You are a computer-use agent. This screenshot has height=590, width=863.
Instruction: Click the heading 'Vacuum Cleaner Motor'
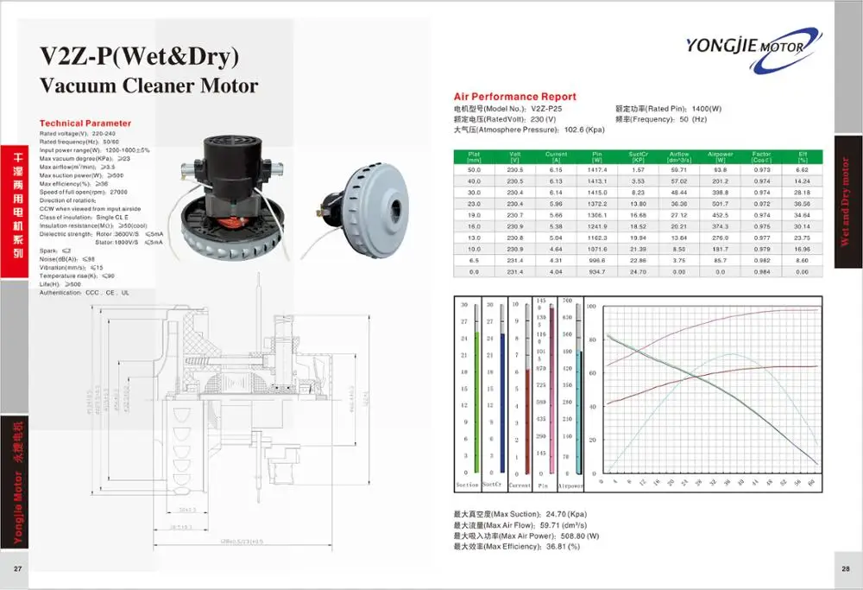(148, 86)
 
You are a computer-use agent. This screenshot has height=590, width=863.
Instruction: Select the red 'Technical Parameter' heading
(85, 124)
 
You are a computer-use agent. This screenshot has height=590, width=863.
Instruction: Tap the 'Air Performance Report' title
(514, 97)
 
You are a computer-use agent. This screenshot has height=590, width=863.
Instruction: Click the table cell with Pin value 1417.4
(596, 170)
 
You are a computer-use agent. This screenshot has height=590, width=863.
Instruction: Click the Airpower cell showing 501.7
(720, 201)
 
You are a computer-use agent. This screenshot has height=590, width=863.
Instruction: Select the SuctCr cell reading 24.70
(638, 271)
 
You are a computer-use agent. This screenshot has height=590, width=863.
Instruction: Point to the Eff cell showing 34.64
(802, 213)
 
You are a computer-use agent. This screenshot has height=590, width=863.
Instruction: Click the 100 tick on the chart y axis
(592, 307)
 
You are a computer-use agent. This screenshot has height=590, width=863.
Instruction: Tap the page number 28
(846, 568)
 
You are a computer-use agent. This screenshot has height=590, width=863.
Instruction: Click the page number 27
(17, 568)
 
